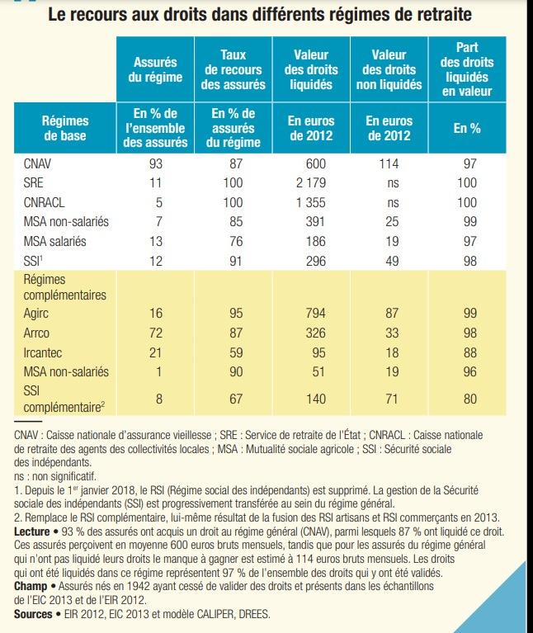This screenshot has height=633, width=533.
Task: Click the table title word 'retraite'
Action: [442, 15]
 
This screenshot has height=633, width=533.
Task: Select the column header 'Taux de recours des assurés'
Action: [233, 69]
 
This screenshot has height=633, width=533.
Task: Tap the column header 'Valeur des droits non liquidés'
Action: [389, 69]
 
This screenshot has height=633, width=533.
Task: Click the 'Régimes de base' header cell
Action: [65, 130]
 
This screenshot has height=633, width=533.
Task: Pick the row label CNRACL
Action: [46, 201]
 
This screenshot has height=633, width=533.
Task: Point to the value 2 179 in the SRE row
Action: [311, 183]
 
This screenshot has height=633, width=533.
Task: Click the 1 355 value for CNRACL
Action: [311, 201]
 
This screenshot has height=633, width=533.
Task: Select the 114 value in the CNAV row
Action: [388, 164]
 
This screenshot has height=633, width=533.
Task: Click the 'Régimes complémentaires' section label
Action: [65, 287]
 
